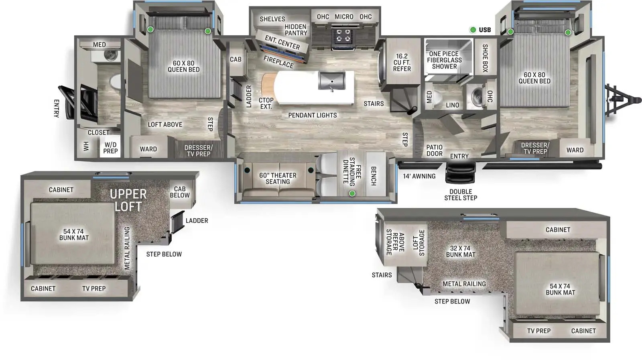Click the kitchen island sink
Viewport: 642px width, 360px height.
click(x=332, y=81)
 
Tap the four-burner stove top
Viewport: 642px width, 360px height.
click(x=343, y=35)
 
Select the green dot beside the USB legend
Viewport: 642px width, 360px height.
click(x=473, y=30)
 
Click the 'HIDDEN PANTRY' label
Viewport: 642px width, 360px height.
click(x=296, y=30)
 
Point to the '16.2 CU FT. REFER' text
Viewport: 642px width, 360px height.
click(x=402, y=63)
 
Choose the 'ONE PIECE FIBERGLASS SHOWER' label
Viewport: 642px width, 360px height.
click(x=444, y=60)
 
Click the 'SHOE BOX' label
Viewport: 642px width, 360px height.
click(x=485, y=58)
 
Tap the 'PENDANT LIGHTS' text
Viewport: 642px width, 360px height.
click(x=313, y=115)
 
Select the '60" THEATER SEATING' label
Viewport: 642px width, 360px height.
click(x=278, y=179)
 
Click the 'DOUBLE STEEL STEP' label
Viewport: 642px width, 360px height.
click(x=461, y=195)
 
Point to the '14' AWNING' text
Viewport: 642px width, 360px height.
click(x=419, y=176)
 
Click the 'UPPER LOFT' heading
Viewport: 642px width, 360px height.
click(x=128, y=200)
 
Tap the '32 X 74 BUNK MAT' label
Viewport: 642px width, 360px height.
click(x=460, y=252)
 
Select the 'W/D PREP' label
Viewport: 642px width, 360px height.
click(x=110, y=148)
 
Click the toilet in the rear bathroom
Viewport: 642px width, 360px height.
click(x=115, y=81)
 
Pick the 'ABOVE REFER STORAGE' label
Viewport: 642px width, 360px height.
click(x=395, y=242)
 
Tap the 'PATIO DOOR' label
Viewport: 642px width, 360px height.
click(x=435, y=151)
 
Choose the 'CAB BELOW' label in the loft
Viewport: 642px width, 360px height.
click(x=180, y=192)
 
